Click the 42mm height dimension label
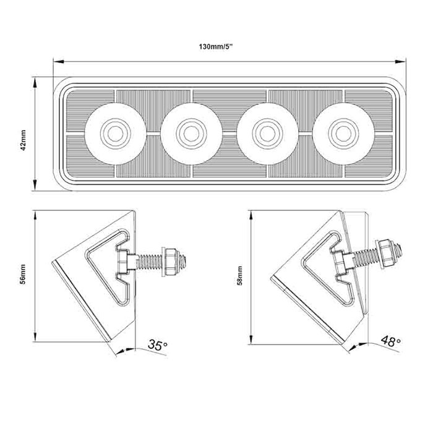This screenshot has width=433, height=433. pyautogui.click(x=24, y=140)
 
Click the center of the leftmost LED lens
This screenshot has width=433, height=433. pyautogui.click(x=114, y=131)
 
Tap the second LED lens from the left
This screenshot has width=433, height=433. pyautogui.click(x=190, y=131)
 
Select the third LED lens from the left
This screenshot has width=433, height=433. pyautogui.click(x=267, y=131)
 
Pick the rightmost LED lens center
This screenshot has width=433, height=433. pyautogui.click(x=343, y=131)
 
